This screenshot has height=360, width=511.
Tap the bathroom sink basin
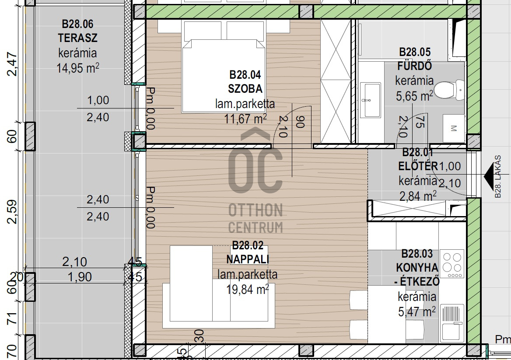[371, 100]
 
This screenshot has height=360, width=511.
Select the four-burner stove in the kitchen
[451, 264]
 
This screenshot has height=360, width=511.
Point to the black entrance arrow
[490, 176]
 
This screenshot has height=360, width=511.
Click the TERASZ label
[77, 38]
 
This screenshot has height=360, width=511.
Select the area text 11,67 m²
[245, 119]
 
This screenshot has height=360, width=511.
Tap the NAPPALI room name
[248, 259]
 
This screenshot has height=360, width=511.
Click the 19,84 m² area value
[248, 289]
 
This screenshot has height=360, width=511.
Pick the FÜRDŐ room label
[415, 66]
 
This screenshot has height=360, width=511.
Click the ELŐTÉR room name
[418, 166]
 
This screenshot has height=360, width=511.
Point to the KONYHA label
[417, 268]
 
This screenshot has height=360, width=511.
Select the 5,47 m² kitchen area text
[417, 312]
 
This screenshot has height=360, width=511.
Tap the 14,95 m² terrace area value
[77, 68]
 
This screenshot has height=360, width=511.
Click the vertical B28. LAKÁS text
[497, 177]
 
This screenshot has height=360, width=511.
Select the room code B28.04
[245, 75]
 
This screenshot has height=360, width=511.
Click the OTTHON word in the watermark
[255, 210]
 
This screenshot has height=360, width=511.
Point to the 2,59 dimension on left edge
[12, 212]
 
